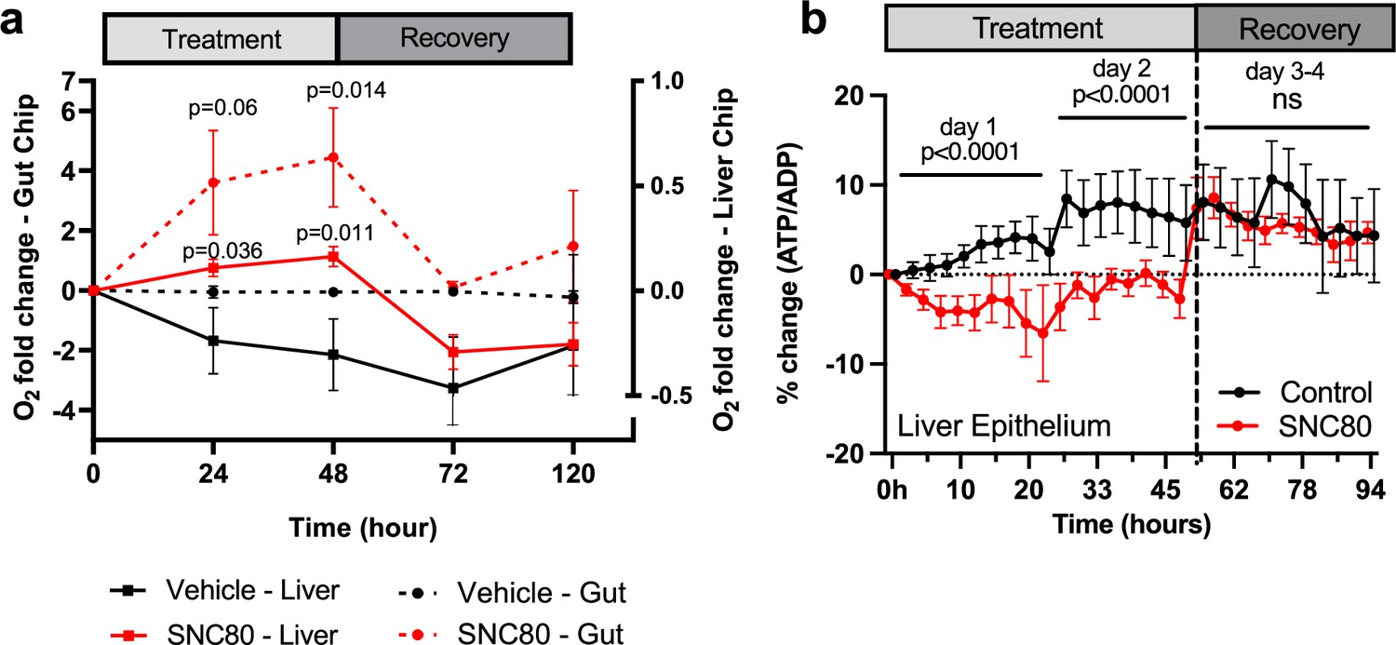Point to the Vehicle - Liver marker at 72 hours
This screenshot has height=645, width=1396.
coord(453,387)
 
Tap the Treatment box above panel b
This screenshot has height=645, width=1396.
coord(1038,30)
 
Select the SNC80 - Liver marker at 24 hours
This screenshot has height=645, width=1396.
coord(213,268)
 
